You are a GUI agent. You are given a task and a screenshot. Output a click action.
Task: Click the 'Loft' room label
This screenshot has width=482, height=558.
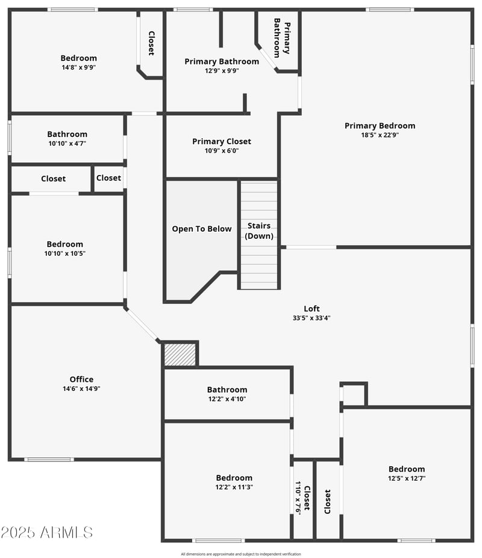pyautogui.click(x=311, y=309)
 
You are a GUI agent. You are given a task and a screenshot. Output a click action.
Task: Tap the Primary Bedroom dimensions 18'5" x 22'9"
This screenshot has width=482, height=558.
pyautogui.click(x=380, y=135)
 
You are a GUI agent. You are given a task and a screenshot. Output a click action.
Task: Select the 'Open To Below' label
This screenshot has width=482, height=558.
pyautogui.click(x=202, y=229)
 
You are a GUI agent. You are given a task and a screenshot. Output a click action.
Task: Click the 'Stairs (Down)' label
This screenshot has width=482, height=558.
pyautogui.click(x=259, y=230)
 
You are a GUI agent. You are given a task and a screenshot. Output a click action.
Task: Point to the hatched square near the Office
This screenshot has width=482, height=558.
pyautogui.click(x=180, y=355)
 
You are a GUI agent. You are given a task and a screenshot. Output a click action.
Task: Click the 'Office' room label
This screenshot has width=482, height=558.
pyautogui.click(x=81, y=379)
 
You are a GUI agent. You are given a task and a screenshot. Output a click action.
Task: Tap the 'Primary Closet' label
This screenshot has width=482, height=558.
pyautogui.click(x=222, y=142)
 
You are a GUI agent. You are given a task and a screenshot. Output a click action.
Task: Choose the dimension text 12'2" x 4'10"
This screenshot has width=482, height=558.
pyautogui.click(x=227, y=399)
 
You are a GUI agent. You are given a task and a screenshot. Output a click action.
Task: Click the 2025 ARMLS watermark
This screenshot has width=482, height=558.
pyautogui.click(x=47, y=532)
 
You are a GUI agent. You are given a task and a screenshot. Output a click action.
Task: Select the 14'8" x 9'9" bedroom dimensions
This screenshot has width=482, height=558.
pyautogui.click(x=78, y=68)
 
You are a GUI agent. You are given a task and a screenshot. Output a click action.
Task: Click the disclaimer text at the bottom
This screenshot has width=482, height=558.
pyautogui.click(x=241, y=554)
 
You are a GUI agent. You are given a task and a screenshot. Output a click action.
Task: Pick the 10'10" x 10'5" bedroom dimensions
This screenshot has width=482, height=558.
pyautogui.click(x=65, y=253)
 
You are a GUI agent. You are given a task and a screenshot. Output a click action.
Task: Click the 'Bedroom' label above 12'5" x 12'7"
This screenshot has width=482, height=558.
pyautogui.click(x=407, y=469)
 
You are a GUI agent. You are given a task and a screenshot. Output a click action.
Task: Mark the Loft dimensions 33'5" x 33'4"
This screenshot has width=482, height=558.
pyautogui.click(x=311, y=318)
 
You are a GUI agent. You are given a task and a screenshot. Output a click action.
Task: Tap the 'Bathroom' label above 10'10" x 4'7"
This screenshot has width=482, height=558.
pyautogui.click(x=67, y=134)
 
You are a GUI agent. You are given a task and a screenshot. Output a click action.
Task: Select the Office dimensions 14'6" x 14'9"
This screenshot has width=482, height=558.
pyautogui.click(x=81, y=388)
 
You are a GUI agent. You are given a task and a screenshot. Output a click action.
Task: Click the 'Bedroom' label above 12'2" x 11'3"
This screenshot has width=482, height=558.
pyautogui.click(x=234, y=478)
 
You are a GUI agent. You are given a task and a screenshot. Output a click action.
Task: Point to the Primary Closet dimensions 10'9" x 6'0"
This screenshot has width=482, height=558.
pyautogui.click(x=222, y=151)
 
